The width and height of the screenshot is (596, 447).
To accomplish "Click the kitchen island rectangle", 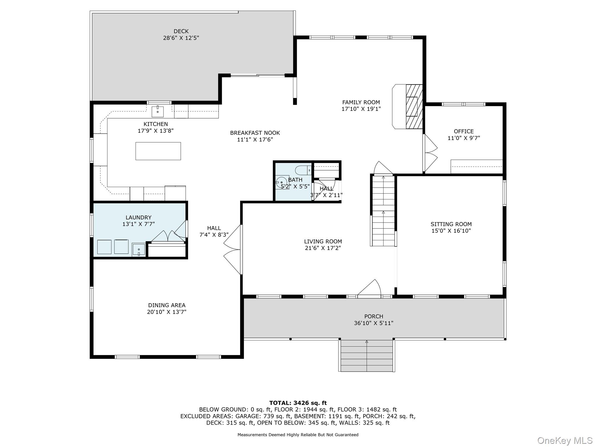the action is (158, 151).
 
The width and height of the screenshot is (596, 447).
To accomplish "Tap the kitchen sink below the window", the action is (157, 111).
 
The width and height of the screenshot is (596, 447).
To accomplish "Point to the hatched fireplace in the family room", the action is (414, 107).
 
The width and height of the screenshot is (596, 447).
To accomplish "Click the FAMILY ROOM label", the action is (361, 102).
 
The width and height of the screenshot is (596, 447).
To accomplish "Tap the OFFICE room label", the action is (464, 131).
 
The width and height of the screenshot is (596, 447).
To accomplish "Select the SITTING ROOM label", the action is (451, 224).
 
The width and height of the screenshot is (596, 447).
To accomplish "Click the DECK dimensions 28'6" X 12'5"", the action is (181, 38).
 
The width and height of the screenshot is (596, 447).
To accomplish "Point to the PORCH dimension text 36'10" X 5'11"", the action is (374, 323).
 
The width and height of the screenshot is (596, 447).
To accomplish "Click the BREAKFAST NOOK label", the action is (255, 133).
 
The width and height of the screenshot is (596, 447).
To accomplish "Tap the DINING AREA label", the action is (167, 305).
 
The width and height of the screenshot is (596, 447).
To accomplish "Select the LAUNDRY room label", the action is (139, 217).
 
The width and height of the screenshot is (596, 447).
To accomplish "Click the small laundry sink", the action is (139, 250).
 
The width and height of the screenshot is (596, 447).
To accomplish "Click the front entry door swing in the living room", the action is (369, 288).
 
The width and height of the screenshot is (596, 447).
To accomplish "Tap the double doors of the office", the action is (430, 153).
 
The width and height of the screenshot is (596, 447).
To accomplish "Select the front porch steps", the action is (367, 356).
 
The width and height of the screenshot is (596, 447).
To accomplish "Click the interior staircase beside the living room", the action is (383, 210).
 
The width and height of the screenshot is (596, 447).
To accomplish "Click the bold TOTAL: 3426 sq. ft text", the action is (298, 403).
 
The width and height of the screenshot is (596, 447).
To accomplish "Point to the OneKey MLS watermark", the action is (565, 440).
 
